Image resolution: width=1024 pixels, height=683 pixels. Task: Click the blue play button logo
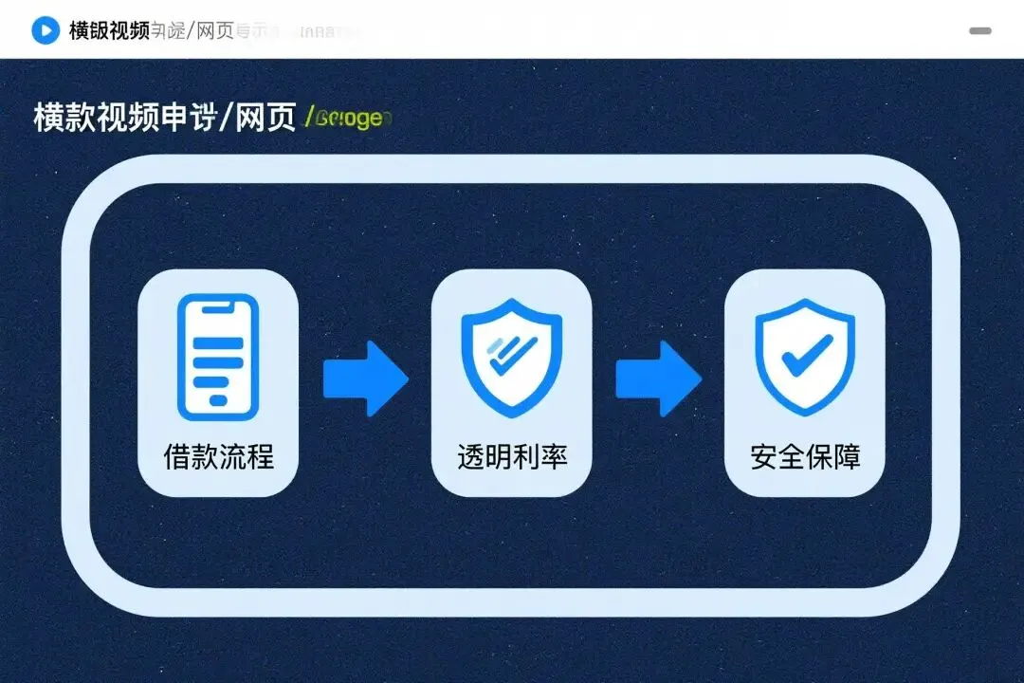coord(45,30)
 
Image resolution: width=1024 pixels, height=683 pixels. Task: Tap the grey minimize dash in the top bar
coord(979,30)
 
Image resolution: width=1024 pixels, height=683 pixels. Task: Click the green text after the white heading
coord(348,119)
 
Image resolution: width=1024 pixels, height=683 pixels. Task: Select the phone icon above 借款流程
coord(218,356)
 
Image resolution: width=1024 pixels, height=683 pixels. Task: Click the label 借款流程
coord(218,457)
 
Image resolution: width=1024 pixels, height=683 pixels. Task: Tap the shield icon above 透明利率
coord(511,356)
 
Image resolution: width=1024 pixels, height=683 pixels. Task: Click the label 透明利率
coord(512,457)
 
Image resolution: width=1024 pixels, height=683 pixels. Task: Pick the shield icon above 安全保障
coord(805,356)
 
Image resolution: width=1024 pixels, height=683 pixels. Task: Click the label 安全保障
coord(805,457)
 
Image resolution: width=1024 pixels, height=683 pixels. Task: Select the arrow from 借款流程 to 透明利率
coord(365,378)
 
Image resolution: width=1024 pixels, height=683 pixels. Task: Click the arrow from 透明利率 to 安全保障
coord(658,378)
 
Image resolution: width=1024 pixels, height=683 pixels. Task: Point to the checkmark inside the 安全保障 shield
coord(806,353)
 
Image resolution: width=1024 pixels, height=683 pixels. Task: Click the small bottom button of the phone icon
coord(218,400)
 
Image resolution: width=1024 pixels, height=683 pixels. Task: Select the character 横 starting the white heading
coord(48,119)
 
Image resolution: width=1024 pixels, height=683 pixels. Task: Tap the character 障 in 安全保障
coord(847,457)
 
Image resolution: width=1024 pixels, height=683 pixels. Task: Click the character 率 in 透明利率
coord(554,457)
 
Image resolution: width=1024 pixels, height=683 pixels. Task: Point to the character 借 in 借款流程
coord(177,457)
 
